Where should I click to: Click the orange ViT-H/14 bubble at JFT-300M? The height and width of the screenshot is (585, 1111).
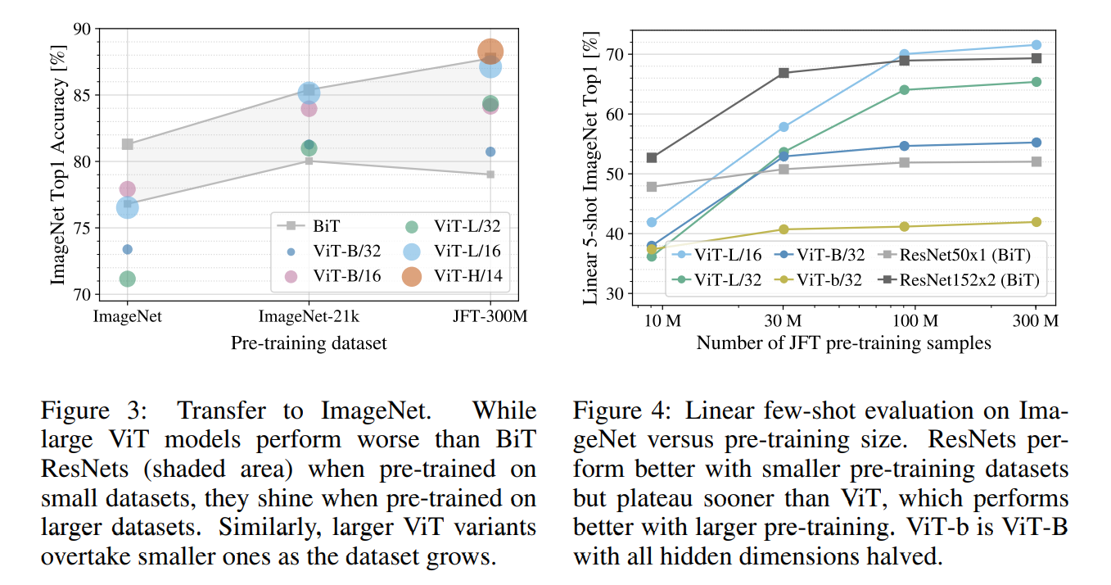(490, 52)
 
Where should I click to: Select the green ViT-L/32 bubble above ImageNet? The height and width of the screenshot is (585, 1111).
(127, 279)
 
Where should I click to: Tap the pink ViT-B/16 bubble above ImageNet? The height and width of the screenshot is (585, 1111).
(127, 189)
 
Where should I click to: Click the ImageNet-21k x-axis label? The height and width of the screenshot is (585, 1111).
(308, 316)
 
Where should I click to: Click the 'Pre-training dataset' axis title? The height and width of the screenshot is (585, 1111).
(308, 343)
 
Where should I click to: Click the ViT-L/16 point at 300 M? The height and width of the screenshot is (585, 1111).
(1036, 45)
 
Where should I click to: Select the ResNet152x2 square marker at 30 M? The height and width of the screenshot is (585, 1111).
(784, 73)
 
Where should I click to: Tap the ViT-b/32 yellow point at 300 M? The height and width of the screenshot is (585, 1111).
(1036, 222)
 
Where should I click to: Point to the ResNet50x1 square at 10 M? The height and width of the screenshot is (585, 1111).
(652, 187)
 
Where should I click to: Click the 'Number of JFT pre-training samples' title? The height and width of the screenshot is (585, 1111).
(843, 343)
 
